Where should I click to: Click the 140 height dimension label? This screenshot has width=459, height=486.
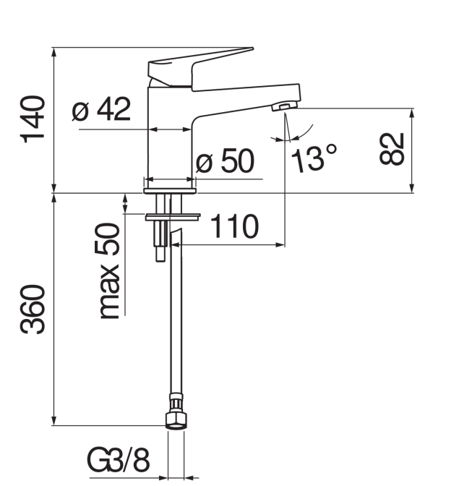(33, 119)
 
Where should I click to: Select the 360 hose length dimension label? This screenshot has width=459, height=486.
(33, 310)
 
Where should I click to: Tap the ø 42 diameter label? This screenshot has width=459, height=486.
(101, 108)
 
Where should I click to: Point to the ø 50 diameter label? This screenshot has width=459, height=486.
(226, 161)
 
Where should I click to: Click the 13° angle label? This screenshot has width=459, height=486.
(314, 159)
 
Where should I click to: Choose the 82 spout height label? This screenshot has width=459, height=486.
(392, 149)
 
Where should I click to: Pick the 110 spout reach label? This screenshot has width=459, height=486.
(234, 226)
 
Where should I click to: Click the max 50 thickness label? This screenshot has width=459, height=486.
(109, 270)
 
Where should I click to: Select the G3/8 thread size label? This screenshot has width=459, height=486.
(119, 460)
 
